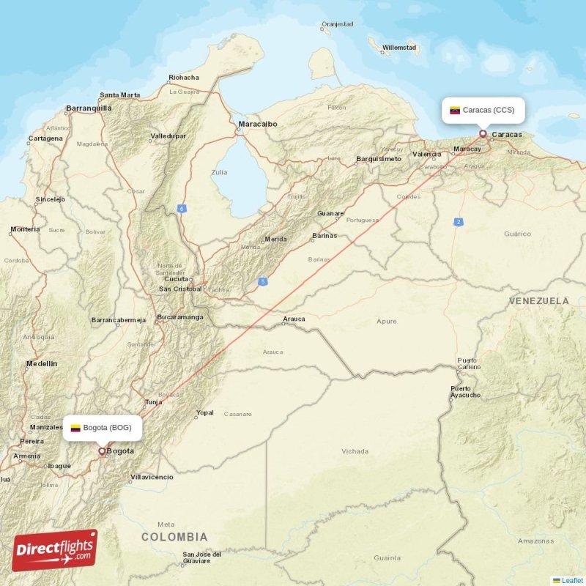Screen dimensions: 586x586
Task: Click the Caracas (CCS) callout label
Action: (x=483, y=111)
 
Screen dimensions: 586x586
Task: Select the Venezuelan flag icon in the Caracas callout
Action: (x=454, y=111)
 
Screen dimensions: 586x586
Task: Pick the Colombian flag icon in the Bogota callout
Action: (x=75, y=428)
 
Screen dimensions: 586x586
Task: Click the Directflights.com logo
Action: (x=54, y=549)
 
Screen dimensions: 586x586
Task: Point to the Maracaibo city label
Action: (x=257, y=124)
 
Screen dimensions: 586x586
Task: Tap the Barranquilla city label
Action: (x=89, y=108)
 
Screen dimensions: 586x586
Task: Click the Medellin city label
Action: (x=41, y=363)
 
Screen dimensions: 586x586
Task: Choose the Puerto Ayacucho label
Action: (x=466, y=391)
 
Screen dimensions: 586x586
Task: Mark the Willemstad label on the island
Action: (x=400, y=47)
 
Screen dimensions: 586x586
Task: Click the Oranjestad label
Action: (x=337, y=24)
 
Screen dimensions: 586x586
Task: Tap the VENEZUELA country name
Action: (x=538, y=301)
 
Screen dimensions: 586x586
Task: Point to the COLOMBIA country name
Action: (x=174, y=537)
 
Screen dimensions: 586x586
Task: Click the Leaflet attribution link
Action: (x=572, y=580)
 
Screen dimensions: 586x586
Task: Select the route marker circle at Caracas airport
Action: (x=482, y=133)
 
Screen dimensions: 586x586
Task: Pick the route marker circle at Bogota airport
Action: (x=102, y=451)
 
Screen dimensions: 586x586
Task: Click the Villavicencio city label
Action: (x=152, y=477)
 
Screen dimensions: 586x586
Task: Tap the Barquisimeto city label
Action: (x=379, y=158)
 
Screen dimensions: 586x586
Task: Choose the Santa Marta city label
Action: (x=120, y=94)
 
